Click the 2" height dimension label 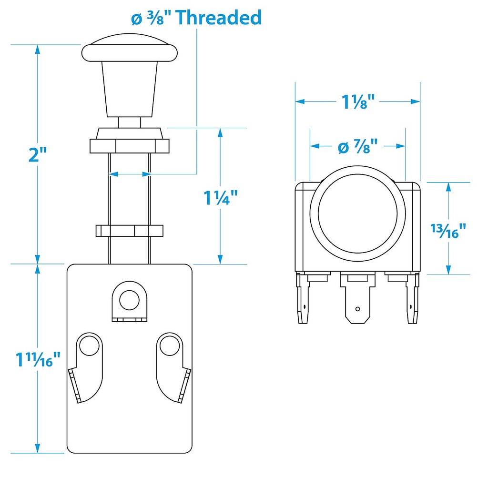[37, 155]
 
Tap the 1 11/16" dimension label [38, 359]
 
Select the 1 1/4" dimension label [220, 197]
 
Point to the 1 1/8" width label [357, 102]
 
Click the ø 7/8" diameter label [357, 146]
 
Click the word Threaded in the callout [219, 18]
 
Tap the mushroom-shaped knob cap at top [130, 48]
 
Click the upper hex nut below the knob [130, 146]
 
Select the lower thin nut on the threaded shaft [130, 231]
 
